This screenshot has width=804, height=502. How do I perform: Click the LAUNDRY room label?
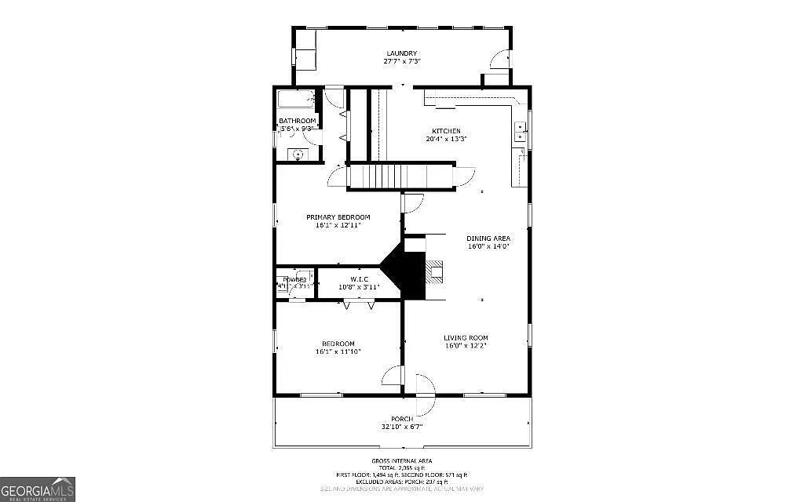tap(400, 53)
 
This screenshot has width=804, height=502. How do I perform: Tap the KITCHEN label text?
tap(446, 131)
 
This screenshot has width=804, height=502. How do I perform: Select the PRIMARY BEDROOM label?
tap(338, 217)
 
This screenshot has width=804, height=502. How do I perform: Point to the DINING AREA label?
tap(488, 238)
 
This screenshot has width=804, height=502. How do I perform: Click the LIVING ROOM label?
tap(466, 338)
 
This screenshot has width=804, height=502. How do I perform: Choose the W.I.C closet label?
tap(359, 279)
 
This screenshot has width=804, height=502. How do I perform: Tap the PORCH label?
tap(402, 420)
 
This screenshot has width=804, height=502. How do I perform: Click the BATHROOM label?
tap(297, 121)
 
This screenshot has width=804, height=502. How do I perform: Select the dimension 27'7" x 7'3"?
tap(400, 61)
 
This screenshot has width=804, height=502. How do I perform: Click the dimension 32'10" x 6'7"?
tap(402, 427)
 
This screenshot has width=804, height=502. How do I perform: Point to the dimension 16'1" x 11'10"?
tap(338, 351)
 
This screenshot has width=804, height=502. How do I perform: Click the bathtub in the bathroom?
tap(296, 100)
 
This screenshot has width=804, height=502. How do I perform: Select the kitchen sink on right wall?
tap(519, 132)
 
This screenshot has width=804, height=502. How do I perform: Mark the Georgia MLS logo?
tap(38, 489)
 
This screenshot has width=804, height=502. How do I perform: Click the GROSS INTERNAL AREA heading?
tap(401, 460)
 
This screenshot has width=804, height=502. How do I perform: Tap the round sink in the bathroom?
tap(298, 155)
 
